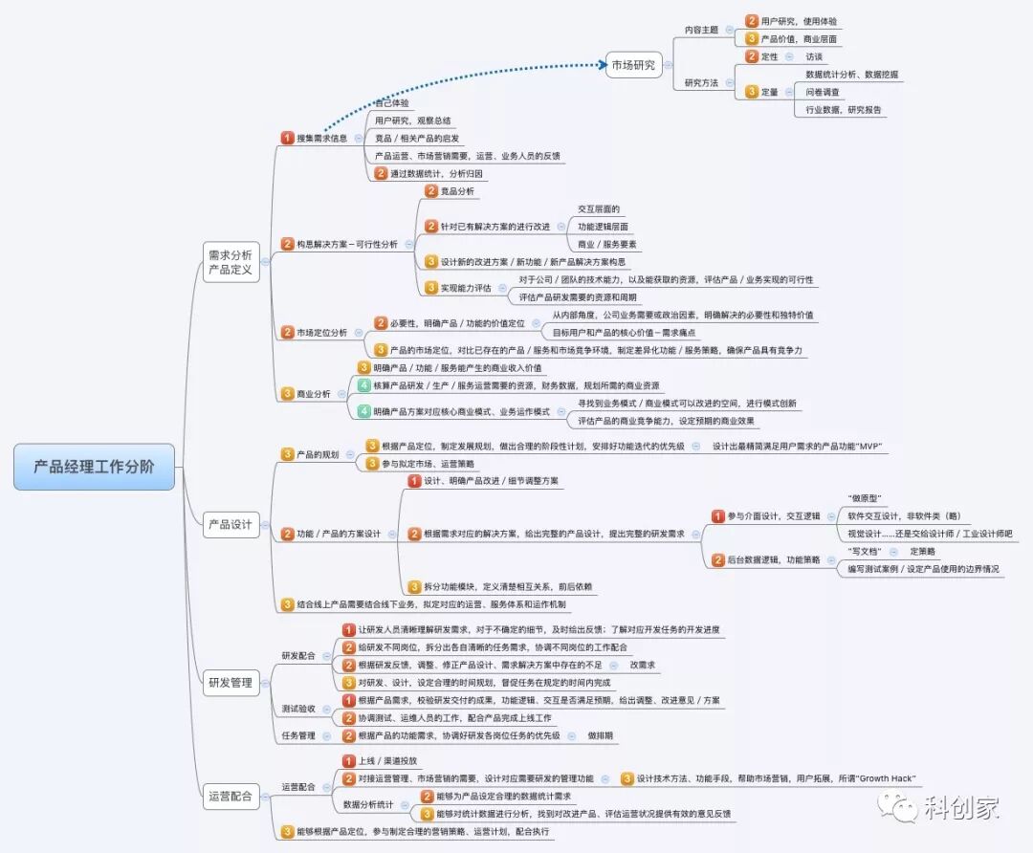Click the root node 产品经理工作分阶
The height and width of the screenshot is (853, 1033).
tap(94, 467)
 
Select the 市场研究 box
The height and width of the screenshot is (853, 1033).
tap(633, 66)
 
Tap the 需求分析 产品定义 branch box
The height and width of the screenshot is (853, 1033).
tap(231, 262)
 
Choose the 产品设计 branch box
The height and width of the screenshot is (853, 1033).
tap(231, 524)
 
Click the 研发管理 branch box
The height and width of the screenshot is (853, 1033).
tap(231, 683)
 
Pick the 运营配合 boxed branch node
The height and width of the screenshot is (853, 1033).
tap(231, 795)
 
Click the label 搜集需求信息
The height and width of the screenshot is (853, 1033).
tap(321, 139)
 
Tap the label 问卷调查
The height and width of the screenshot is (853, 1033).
tap(823, 92)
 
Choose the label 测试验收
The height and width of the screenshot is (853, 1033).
tap(298, 710)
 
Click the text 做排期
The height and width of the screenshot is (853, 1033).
tap(601, 736)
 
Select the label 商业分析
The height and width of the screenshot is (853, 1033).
tap(314, 394)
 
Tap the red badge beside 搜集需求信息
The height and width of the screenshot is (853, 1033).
tap(287, 139)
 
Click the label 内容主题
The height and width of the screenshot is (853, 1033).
tap(701, 30)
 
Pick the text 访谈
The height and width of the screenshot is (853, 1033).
tap(814, 56)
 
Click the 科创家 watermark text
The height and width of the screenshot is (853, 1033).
tap(961, 808)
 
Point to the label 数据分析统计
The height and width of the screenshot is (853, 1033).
tap(369, 805)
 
